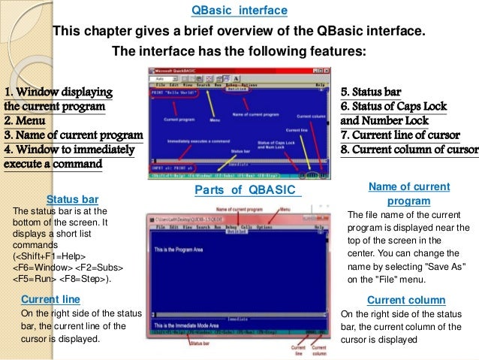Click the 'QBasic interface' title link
pyautogui.click(x=239, y=11)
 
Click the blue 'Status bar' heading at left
pyautogui.click(x=73, y=199)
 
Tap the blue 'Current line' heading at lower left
pyautogui.click(x=50, y=299)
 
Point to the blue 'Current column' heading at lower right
pyautogui.click(x=406, y=300)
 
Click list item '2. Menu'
pyautogui.click(x=25, y=120)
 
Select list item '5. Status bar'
pyautogui.click(x=372, y=92)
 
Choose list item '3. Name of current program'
pyautogui.click(x=73, y=135)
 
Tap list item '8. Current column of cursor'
pyautogui.click(x=409, y=149)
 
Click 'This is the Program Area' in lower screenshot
pyautogui.click(x=188, y=248)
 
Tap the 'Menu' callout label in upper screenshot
pyautogui.click(x=215, y=120)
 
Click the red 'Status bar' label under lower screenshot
pyautogui.click(x=201, y=343)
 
